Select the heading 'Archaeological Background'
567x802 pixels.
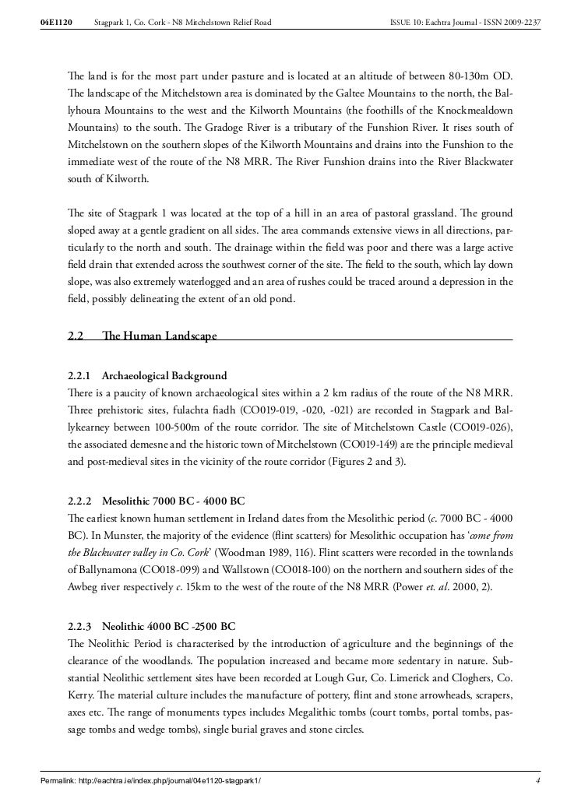point(164,375)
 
